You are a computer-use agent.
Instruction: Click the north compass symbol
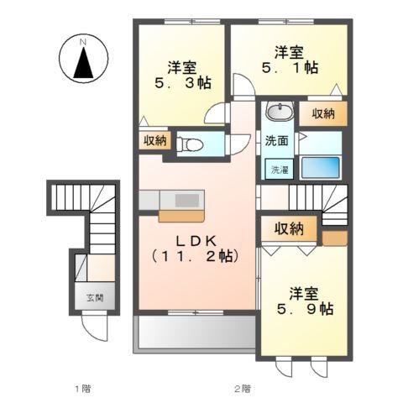pos(83,61)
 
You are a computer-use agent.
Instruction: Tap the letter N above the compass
pos(83,40)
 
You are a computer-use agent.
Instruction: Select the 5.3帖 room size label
pos(181,84)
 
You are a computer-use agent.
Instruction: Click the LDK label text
pos(192,238)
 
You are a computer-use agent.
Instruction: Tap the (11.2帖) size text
pos(192,256)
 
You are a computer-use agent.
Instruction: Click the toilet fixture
pos(190,144)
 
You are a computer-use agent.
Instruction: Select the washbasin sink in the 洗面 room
pos(278,113)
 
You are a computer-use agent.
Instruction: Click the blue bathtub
pos(319,165)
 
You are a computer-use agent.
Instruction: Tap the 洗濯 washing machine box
pos(277,169)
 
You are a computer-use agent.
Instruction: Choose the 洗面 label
pos(277,140)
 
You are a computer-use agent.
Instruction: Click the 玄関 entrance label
pos(93,297)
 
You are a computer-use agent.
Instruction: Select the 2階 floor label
pos(242,388)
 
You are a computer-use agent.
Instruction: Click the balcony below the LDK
pos(194,332)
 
